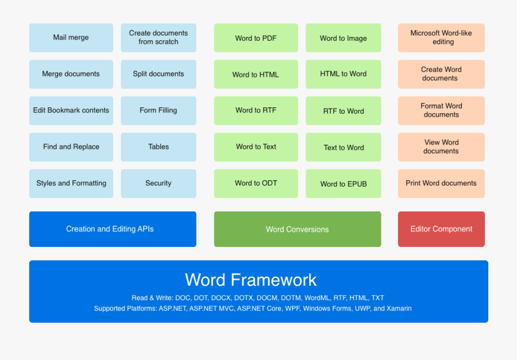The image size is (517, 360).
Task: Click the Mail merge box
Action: tap(71, 37)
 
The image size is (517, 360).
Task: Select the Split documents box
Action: tap(159, 74)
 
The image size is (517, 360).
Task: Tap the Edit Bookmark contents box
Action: tap(71, 111)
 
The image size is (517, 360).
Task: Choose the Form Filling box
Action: tap(159, 111)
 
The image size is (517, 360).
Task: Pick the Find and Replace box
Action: tap(71, 147)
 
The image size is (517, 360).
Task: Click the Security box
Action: tap(159, 184)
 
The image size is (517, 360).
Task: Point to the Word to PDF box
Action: tap(256, 37)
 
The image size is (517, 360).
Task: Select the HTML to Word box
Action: tap(344, 74)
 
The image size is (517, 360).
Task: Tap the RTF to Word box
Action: tap(344, 111)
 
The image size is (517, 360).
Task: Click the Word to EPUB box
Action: tap(344, 184)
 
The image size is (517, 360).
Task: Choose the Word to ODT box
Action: tap(256, 184)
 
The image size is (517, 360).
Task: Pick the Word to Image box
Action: tap(344, 37)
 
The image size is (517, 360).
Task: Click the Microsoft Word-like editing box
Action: tap(441, 37)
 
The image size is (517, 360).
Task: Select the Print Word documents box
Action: tap(441, 184)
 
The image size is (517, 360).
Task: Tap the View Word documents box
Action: tap(441, 147)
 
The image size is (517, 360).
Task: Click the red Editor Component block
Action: tap(441, 229)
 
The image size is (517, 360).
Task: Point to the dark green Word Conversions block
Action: tap(298, 229)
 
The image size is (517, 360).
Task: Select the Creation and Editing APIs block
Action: tap(113, 229)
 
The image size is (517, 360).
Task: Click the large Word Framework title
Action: tap(250, 280)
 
